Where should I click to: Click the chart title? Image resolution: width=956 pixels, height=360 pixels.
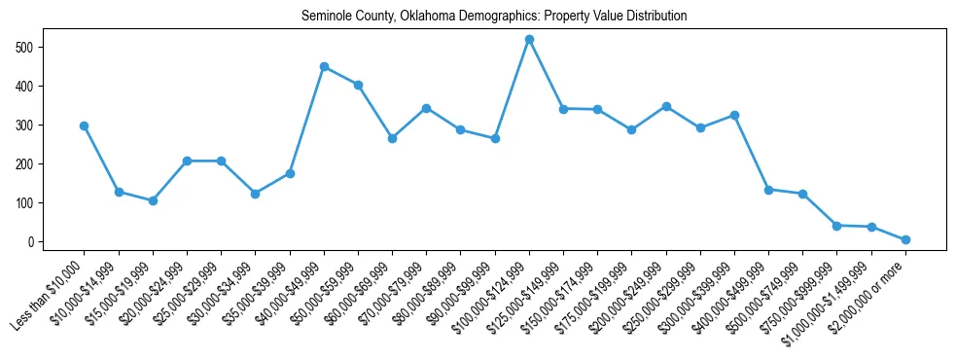[494, 17]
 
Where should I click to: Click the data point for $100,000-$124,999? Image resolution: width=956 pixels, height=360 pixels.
[529, 39]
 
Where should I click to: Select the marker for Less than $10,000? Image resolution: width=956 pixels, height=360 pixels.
[85, 126]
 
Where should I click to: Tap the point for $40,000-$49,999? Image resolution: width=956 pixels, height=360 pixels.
[324, 67]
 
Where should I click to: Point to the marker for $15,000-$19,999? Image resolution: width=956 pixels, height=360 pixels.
[153, 200]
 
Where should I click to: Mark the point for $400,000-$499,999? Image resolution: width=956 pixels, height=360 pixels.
[768, 190]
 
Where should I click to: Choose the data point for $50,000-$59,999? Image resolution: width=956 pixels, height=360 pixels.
[358, 85]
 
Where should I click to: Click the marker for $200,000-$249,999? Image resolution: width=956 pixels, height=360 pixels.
[666, 106]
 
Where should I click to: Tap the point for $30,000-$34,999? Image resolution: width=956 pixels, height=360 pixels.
[255, 194]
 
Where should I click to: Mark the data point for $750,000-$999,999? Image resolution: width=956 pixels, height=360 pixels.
[836, 226]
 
